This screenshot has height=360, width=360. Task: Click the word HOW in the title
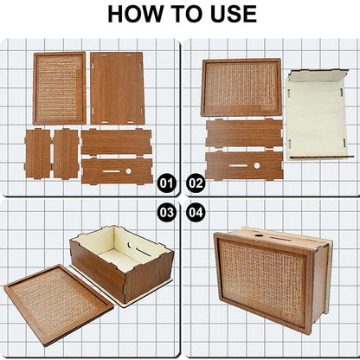pos(135,14)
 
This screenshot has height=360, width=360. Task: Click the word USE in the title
pos(234,14)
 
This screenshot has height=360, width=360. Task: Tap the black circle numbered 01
pos(166,183)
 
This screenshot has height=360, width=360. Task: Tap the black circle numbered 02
pos(196,183)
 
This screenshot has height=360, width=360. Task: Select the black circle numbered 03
pos(166,213)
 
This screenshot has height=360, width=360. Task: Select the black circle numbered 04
pos(196,213)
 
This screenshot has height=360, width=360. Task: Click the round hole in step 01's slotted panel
pos(129,171)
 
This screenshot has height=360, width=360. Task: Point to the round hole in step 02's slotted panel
pos(256,165)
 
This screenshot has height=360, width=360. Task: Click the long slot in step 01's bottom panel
pos(112,171)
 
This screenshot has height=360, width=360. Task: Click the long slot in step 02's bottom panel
pos(238,166)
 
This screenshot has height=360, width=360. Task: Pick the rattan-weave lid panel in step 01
pos(60,88)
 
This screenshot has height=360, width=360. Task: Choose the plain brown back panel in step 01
pos(117,88)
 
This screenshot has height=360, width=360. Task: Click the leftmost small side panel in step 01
pos(37,154)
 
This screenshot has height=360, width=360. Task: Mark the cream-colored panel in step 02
pos(317,115)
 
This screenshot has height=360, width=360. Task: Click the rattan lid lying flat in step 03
pos(58,305)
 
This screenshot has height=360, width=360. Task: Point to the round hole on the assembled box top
pos(257,235)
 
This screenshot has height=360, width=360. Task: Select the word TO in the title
pos(186,14)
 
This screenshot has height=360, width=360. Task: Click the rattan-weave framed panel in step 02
pos(241,87)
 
